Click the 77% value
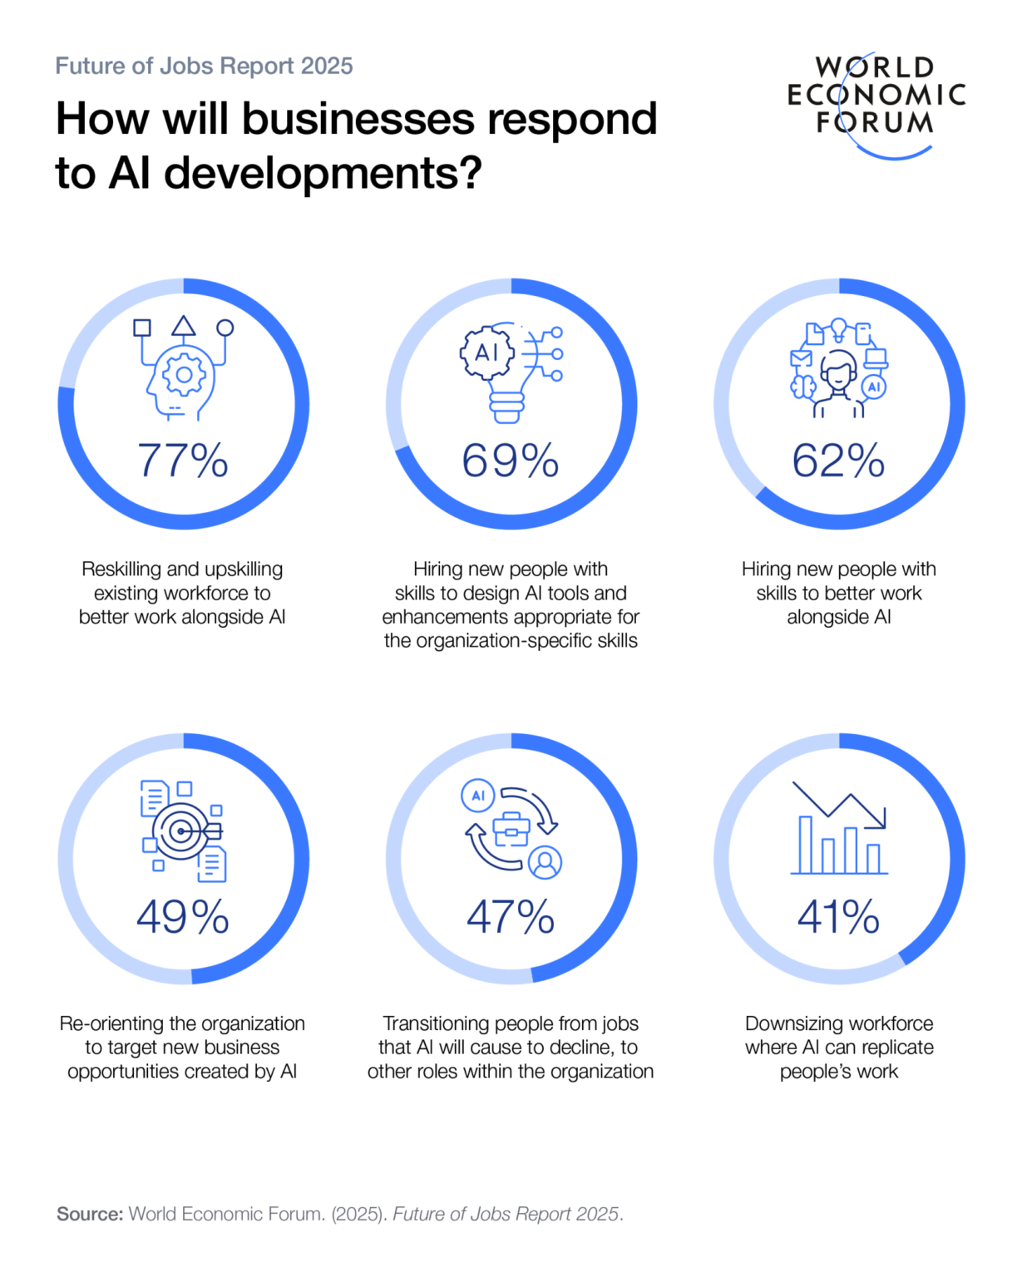(x=182, y=460)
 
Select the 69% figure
(x=511, y=460)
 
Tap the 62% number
(x=838, y=460)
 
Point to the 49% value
(x=182, y=916)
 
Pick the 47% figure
(x=511, y=916)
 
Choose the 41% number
(x=838, y=916)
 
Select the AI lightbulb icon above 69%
(x=511, y=371)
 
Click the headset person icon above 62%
(x=839, y=371)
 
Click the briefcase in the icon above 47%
(x=511, y=829)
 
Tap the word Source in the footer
(x=90, y=1214)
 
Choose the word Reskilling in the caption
(x=121, y=569)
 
